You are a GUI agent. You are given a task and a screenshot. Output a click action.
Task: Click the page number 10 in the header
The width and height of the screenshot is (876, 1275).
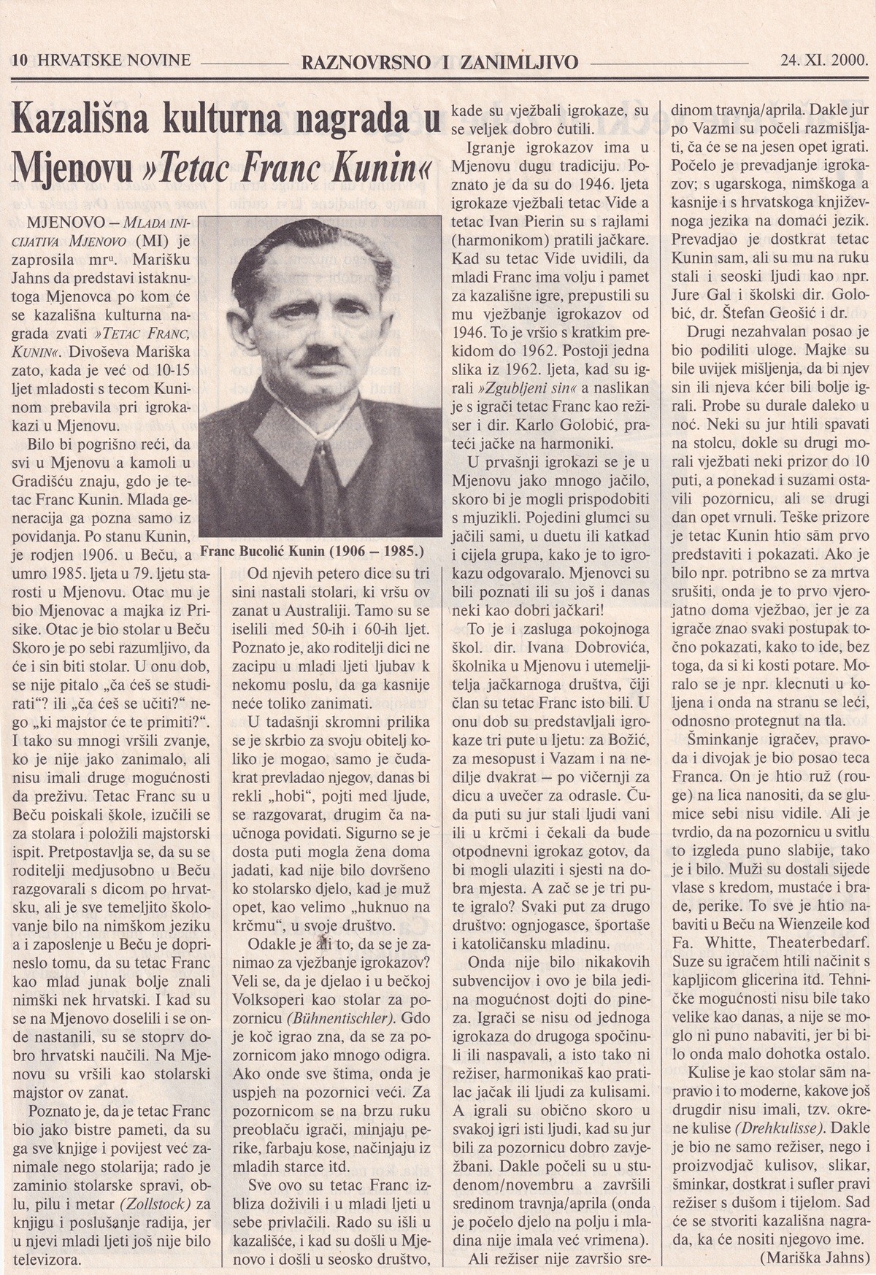[x=19, y=61]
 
